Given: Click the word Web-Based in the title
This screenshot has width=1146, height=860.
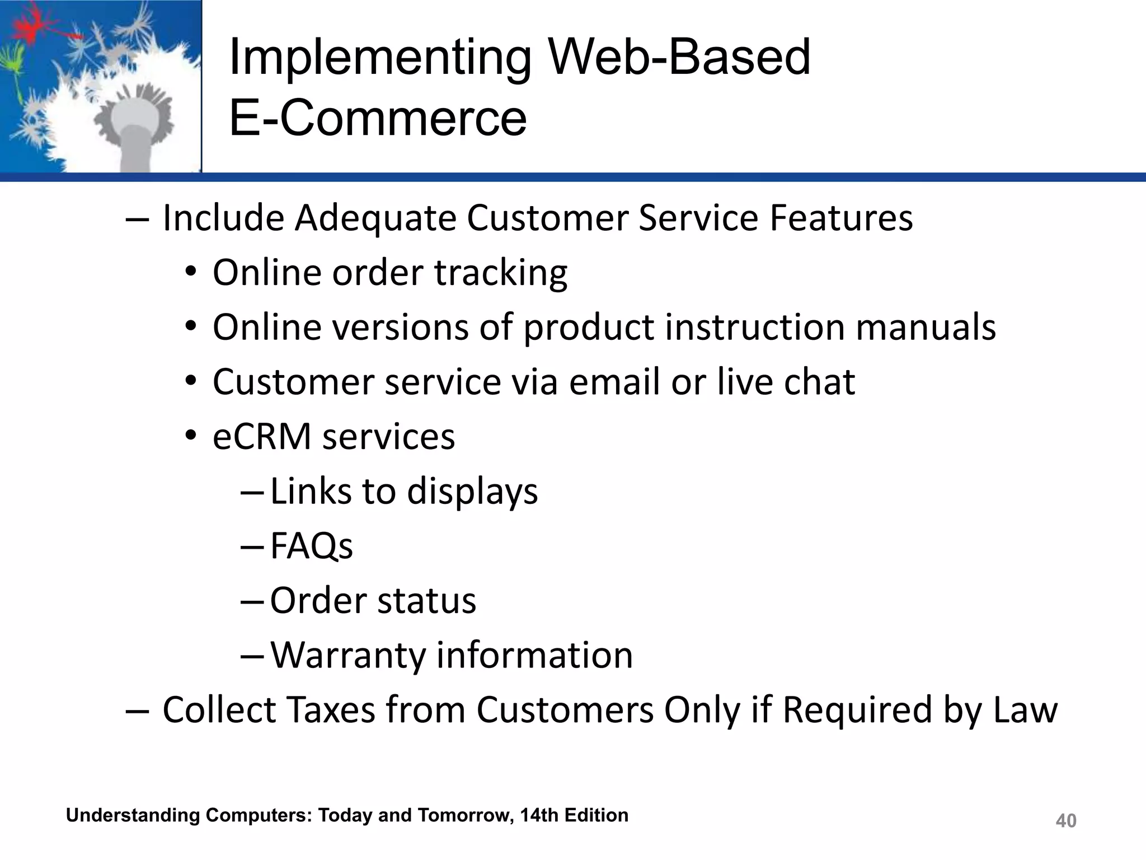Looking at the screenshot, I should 679,57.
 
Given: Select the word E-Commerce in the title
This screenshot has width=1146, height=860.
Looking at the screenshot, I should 378,118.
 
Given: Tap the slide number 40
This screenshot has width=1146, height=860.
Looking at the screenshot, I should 1065,821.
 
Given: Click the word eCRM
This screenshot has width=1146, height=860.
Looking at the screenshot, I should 261,437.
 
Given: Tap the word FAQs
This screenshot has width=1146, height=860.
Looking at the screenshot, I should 311,546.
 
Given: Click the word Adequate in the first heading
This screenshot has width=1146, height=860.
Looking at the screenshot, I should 375,218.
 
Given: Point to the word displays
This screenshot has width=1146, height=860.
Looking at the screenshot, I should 472,492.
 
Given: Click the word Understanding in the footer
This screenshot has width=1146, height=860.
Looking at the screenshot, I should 133,815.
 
